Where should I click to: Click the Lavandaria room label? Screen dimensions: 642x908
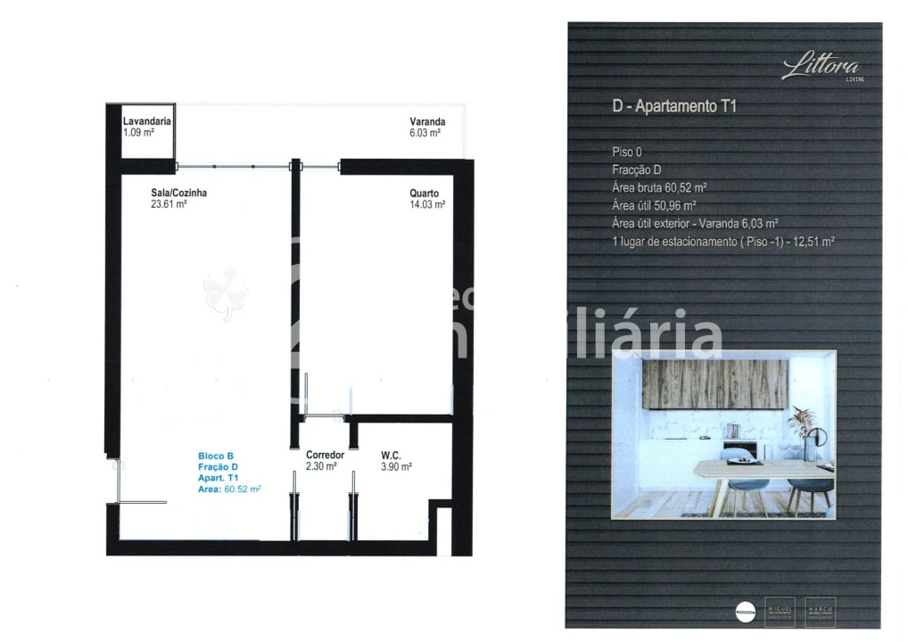147,120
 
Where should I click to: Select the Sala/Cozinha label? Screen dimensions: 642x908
179,192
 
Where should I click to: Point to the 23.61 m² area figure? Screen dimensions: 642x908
169,203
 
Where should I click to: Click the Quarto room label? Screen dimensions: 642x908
424,193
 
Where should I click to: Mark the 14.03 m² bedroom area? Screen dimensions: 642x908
427,204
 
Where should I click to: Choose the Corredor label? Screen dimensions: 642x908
325,455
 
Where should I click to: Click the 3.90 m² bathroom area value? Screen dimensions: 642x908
396,466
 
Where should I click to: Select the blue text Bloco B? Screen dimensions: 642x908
217,457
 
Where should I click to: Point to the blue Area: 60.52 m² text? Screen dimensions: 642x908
229,489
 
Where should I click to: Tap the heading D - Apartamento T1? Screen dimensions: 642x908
674,107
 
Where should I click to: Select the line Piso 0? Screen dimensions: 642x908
626,152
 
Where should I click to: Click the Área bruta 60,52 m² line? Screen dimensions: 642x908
659,187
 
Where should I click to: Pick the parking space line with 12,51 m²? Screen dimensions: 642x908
722,241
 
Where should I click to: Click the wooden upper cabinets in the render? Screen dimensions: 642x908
715,383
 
